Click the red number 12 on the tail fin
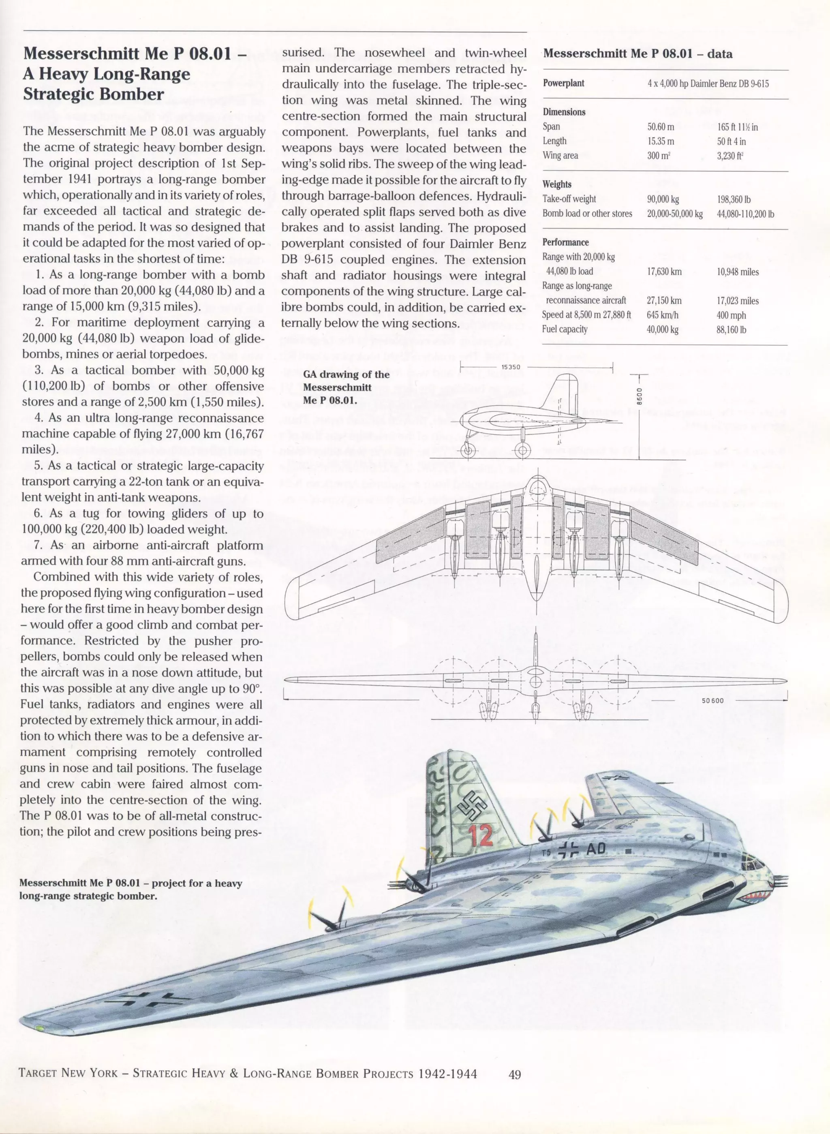480,834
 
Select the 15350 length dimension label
511,367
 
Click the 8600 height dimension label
639,397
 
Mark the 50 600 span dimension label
713,700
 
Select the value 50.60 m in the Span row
661,126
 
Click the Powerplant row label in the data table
563,83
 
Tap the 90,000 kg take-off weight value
663,199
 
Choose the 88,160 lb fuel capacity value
731,330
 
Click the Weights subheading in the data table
557,184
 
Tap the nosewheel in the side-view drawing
468,450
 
